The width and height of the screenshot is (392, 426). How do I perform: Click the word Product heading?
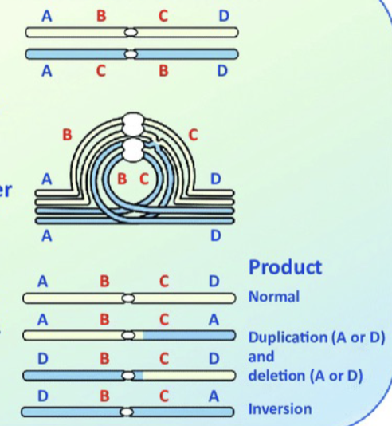point(285,266)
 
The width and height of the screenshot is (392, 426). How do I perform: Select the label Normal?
point(274,297)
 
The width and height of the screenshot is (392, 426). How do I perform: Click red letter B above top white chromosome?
point(100,15)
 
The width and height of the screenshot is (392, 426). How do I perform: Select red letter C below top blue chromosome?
point(100,71)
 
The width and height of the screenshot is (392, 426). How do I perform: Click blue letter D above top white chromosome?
point(222,15)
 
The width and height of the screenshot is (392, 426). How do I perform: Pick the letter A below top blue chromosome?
point(46,71)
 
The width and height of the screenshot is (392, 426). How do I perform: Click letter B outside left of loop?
point(68,136)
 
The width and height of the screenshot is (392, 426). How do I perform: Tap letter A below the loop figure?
point(46,236)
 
